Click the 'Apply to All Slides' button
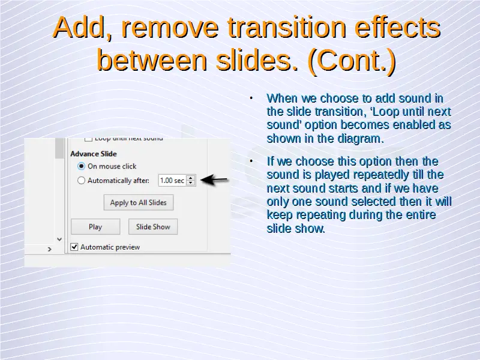[x=139, y=202]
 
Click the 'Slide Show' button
[x=153, y=227]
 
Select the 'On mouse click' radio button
[x=81, y=166]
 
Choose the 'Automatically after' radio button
[x=81, y=181]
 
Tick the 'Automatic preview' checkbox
[x=74, y=247]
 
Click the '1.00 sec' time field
[x=172, y=181]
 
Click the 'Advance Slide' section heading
[x=94, y=154]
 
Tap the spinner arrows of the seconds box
[x=191, y=181]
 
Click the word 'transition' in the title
[x=287, y=28]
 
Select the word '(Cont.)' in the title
[x=352, y=60]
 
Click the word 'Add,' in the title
[x=83, y=28]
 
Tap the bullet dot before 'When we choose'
[x=251, y=98]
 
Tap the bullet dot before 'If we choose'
[x=251, y=161]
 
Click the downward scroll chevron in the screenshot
[x=59, y=239]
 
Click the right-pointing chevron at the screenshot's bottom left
[x=50, y=249]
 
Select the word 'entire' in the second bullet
[x=421, y=215]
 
